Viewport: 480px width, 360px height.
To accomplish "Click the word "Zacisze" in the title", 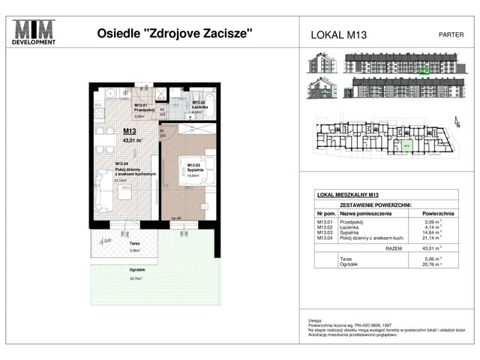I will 225,34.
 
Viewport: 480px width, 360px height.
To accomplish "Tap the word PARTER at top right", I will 450,34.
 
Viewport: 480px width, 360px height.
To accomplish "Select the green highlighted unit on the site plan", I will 404,148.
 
